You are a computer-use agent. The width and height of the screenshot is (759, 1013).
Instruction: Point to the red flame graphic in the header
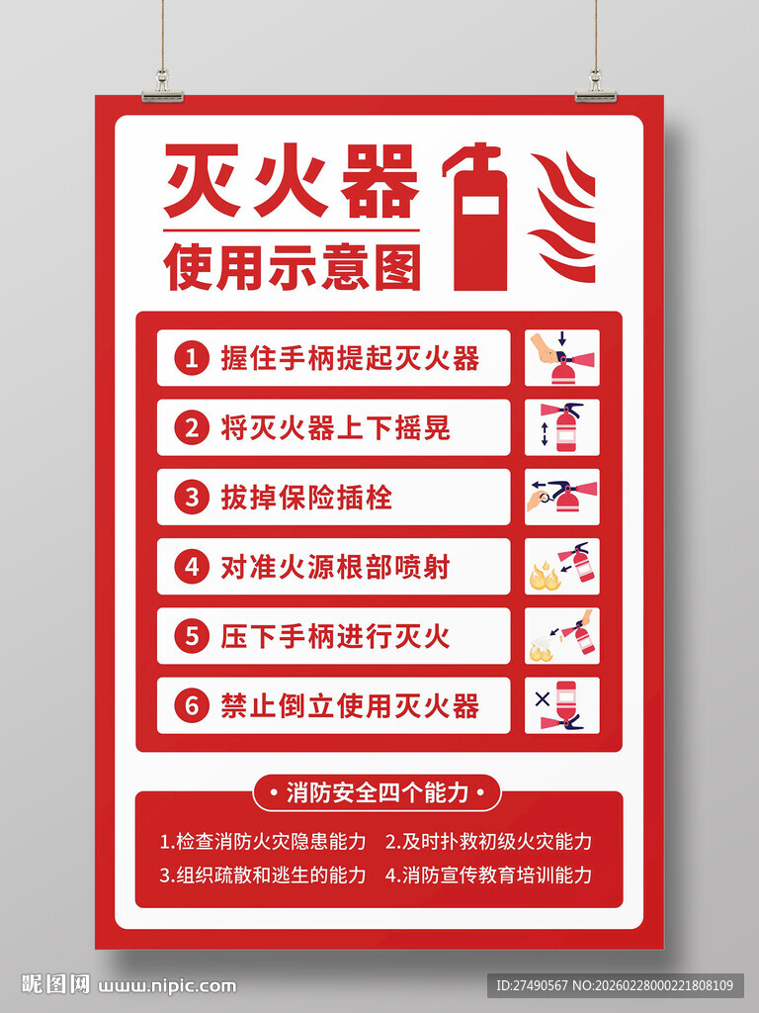(564, 218)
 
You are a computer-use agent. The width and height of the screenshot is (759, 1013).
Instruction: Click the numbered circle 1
(192, 358)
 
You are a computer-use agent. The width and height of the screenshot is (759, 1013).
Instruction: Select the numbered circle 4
(192, 567)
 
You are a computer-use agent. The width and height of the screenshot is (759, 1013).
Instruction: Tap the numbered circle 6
(192, 705)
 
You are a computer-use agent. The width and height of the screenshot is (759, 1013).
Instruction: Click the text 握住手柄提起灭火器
(350, 358)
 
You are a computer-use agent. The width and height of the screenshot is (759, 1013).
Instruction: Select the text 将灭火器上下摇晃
(335, 427)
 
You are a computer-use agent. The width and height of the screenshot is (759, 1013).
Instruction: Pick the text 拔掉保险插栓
(306, 497)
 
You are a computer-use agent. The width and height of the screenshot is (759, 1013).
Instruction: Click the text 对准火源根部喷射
(335, 567)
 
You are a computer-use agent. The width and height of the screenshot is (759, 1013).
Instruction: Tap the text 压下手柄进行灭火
(335, 636)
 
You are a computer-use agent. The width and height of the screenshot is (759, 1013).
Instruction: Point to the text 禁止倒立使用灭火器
(350, 705)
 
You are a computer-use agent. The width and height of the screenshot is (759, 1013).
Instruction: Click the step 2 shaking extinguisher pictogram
(561, 427)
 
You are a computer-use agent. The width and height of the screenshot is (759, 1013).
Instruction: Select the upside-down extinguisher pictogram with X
(561, 705)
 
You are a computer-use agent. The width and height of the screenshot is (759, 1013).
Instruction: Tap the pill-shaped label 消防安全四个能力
(378, 792)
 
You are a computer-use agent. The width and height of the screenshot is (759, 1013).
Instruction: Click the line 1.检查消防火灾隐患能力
(263, 842)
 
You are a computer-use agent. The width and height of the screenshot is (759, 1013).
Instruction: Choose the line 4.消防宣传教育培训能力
(489, 875)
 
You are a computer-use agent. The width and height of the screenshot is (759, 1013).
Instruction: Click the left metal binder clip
(162, 90)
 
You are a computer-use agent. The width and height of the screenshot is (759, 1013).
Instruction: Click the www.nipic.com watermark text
(168, 985)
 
